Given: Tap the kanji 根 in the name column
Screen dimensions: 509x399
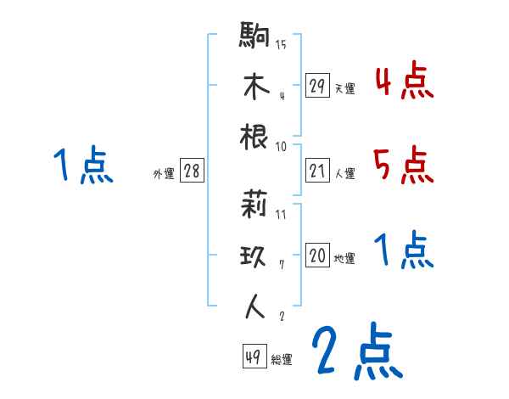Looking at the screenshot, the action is [255, 137].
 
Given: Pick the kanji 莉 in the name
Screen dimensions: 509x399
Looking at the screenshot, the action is [255, 205].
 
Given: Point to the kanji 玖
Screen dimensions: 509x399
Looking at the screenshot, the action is [255, 256].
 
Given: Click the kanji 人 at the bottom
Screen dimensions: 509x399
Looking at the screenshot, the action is [255, 306].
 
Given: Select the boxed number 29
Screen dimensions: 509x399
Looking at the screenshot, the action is [318, 85].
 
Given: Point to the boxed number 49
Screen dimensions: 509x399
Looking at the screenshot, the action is [252, 357].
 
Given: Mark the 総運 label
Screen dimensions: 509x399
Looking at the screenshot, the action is [281, 360].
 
